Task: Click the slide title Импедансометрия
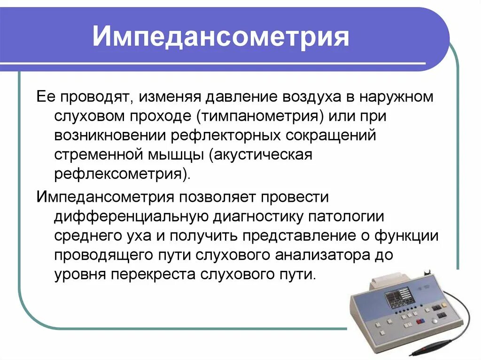click(x=221, y=37)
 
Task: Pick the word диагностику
click(x=258, y=217)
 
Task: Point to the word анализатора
click(x=328, y=255)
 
